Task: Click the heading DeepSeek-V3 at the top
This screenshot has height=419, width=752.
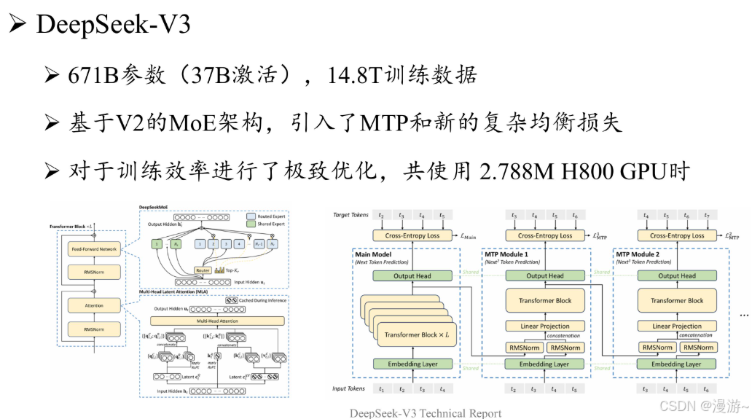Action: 113,24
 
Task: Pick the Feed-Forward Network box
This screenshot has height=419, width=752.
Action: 93,249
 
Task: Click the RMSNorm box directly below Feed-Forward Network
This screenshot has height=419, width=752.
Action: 93,272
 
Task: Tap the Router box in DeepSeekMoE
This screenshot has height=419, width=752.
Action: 203,270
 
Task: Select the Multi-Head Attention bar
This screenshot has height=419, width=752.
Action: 218,321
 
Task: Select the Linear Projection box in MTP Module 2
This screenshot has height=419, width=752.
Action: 677,326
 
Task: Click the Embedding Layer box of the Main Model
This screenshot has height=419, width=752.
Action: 412,364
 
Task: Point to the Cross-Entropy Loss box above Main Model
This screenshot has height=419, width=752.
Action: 412,235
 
